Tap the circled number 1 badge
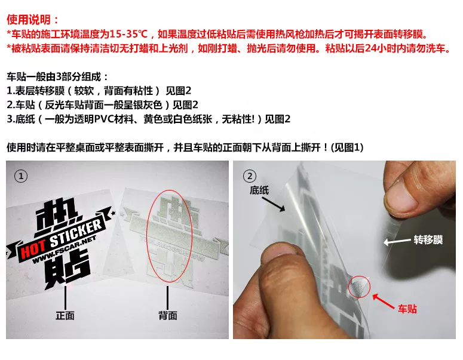coord(23,177)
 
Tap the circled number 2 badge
coord(250,176)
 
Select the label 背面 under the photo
coord(168,315)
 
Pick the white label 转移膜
coord(428,240)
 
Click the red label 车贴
coord(407,309)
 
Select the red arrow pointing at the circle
coord(386,298)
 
